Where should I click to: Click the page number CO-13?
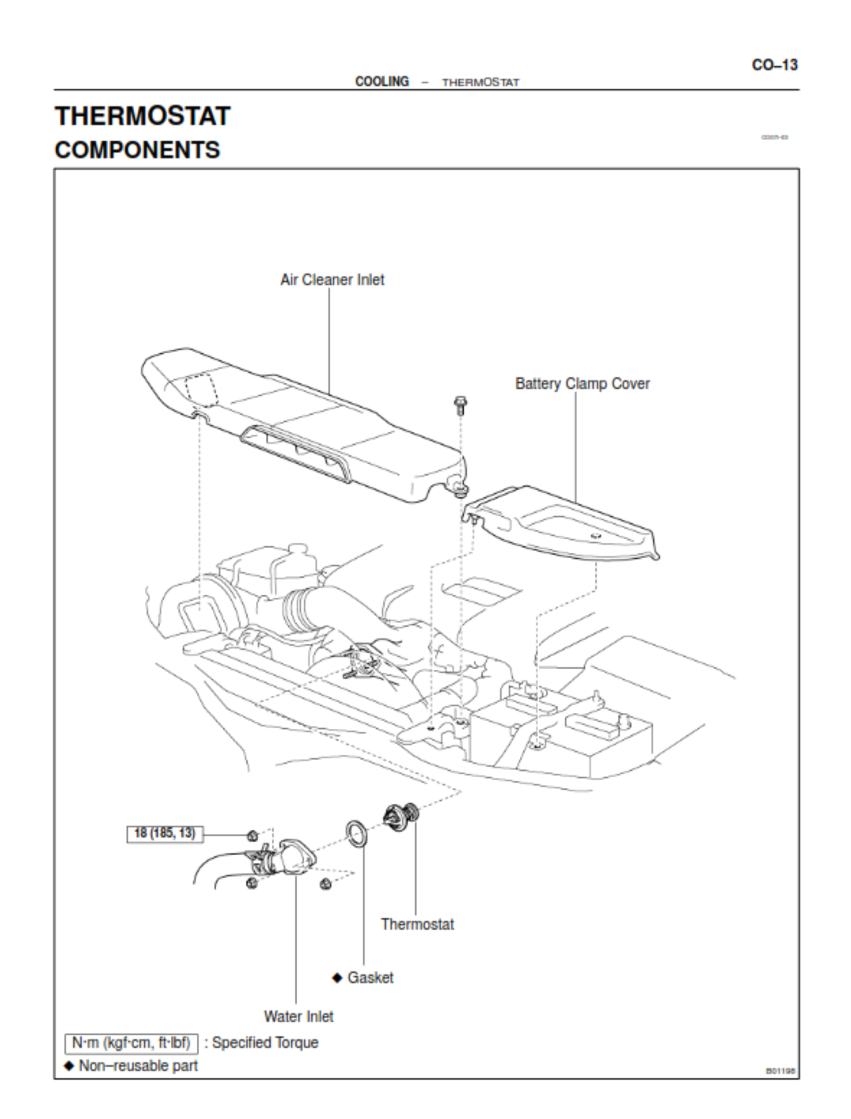click(775, 65)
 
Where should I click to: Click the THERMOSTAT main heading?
click(143, 117)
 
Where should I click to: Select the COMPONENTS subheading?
click(137, 150)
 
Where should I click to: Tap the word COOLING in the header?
click(382, 81)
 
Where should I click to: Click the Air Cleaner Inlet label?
click(333, 280)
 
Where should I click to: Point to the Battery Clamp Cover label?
click(582, 384)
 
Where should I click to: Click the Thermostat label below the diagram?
click(418, 924)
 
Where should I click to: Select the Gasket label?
click(370, 978)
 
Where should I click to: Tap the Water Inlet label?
click(299, 1017)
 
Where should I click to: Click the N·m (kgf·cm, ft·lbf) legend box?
click(131, 1043)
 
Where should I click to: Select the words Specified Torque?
click(265, 1043)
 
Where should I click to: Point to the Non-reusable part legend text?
click(138, 1066)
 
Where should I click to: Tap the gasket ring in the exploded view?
click(356, 835)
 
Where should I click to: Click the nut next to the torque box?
click(252, 835)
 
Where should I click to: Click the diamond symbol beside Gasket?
click(337, 978)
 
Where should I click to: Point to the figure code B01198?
click(780, 1071)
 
